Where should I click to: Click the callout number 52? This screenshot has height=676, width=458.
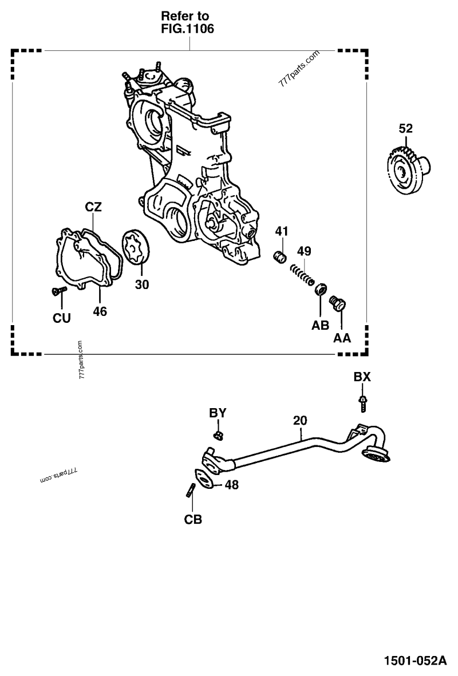[405, 128]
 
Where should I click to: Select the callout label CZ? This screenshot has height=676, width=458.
[93, 207]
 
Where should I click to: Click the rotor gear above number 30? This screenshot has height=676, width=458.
[136, 247]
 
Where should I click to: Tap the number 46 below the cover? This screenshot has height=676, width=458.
[100, 312]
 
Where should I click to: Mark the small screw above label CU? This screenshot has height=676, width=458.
[57, 291]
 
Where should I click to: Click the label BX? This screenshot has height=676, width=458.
[362, 377]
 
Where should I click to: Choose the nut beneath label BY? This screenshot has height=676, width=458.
[218, 436]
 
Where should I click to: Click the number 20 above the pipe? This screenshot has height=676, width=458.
[300, 420]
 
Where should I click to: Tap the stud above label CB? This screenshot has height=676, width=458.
[192, 491]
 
